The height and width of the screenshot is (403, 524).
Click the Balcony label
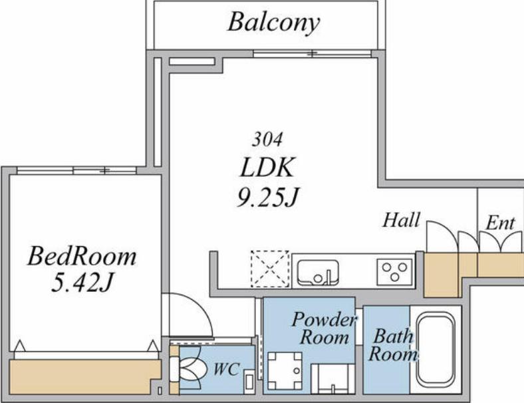click(273, 23)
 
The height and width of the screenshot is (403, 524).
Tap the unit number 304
click(267, 140)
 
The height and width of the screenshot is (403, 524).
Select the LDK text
click(267, 167)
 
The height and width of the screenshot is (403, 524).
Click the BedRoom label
click(82, 256)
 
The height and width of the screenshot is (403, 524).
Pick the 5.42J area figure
click(82, 283)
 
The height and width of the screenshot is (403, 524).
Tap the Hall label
click(401, 220)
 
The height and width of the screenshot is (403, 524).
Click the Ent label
click(500, 223)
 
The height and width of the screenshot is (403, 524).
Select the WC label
click(226, 369)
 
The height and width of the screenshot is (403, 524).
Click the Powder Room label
click(323, 328)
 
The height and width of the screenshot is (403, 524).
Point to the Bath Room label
click(392, 345)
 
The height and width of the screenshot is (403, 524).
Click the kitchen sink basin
click(318, 272)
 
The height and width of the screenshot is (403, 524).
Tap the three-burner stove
click(395, 272)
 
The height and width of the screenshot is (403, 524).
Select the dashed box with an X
click(270, 269)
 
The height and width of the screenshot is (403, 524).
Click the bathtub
click(436, 349)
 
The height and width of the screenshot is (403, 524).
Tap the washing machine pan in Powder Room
click(285, 370)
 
